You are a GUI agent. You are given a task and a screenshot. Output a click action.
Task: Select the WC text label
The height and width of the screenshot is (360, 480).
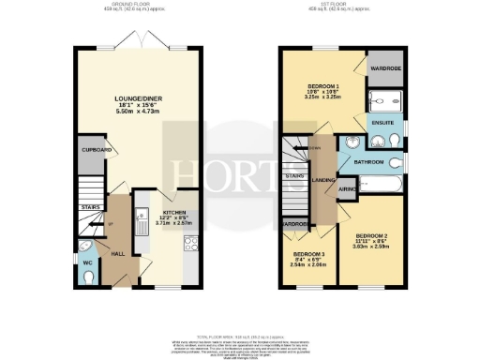pyautogui.click(x=87, y=263)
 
